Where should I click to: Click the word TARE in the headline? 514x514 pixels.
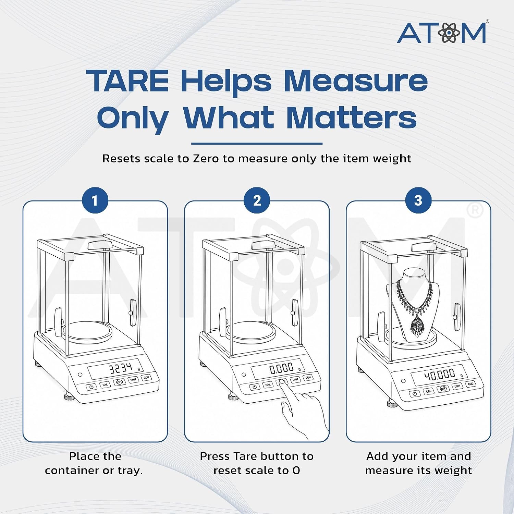click(127, 81)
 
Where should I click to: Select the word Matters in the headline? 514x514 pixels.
click(351, 118)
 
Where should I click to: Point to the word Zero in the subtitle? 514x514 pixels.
click(206, 158)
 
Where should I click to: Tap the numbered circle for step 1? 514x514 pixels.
click(95, 200)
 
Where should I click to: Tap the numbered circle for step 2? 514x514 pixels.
click(257, 200)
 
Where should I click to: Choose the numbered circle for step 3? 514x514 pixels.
click(418, 200)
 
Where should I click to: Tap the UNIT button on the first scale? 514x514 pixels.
click(133, 379)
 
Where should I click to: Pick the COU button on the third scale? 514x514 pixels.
click(471, 384)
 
